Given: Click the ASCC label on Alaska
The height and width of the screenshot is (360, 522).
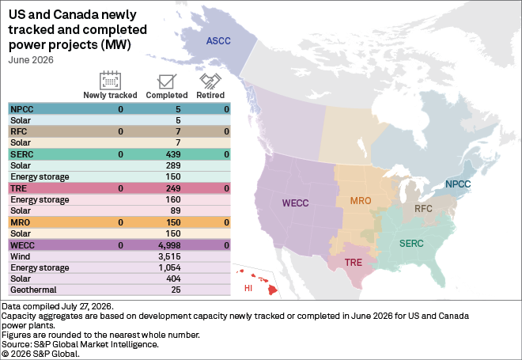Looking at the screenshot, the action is [218, 41].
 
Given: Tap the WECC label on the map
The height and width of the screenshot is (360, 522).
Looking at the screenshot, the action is [295, 203].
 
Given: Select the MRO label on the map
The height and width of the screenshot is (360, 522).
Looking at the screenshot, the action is [361, 201].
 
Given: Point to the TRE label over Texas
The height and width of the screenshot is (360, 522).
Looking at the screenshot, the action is [354, 263].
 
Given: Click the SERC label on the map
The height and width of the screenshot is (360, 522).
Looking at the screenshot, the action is [411, 244].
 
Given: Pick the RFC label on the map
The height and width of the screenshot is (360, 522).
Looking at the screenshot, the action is [423, 209].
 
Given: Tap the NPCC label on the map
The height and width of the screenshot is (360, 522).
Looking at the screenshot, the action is [458, 184].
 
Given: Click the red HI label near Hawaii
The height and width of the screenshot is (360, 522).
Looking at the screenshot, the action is [248, 288].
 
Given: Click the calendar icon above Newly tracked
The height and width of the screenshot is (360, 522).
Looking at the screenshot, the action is [110, 81].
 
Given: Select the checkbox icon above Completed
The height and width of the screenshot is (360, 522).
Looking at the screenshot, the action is [167, 81].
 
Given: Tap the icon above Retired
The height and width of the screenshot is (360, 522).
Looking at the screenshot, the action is [210, 81].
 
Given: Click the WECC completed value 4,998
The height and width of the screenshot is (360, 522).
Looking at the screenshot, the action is [169, 245].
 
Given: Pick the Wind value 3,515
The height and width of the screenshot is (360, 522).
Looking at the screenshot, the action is [169, 256].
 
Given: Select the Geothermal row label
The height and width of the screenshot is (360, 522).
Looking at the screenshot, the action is [33, 290].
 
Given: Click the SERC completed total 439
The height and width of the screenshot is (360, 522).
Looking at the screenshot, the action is [173, 154].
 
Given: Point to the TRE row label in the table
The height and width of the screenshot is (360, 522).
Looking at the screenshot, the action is [19, 188].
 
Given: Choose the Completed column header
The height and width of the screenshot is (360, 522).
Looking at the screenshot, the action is [167, 95].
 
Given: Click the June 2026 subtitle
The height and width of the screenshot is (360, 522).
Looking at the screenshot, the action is [31, 60].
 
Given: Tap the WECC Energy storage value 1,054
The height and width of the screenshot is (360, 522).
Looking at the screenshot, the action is [169, 267].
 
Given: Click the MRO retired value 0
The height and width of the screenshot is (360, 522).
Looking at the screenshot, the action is [227, 222].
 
